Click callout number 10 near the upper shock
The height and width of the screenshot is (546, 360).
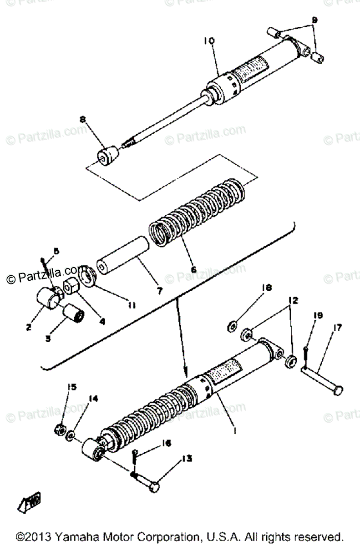point(209,41)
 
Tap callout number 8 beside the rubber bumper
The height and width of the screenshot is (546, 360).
point(82,120)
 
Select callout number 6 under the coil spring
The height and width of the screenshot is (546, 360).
point(194,269)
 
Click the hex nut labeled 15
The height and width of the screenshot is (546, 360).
point(59,429)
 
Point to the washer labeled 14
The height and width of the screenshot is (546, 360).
point(71,438)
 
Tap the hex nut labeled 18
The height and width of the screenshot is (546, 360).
point(231,326)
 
